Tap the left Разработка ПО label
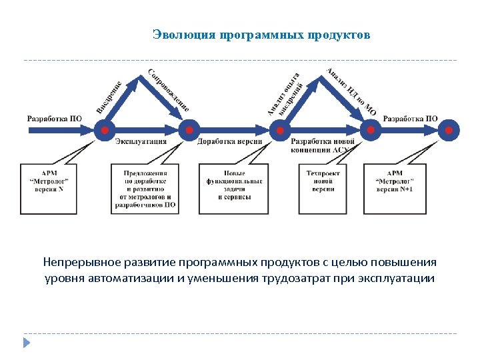[54, 119]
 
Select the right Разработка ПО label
[410, 119]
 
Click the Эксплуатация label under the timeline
[141, 142]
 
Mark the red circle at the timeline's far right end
[451, 130]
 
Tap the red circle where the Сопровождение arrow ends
[189, 130]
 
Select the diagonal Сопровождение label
[169, 91]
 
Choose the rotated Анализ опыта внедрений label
[287, 93]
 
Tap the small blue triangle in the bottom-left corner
[27, 343]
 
